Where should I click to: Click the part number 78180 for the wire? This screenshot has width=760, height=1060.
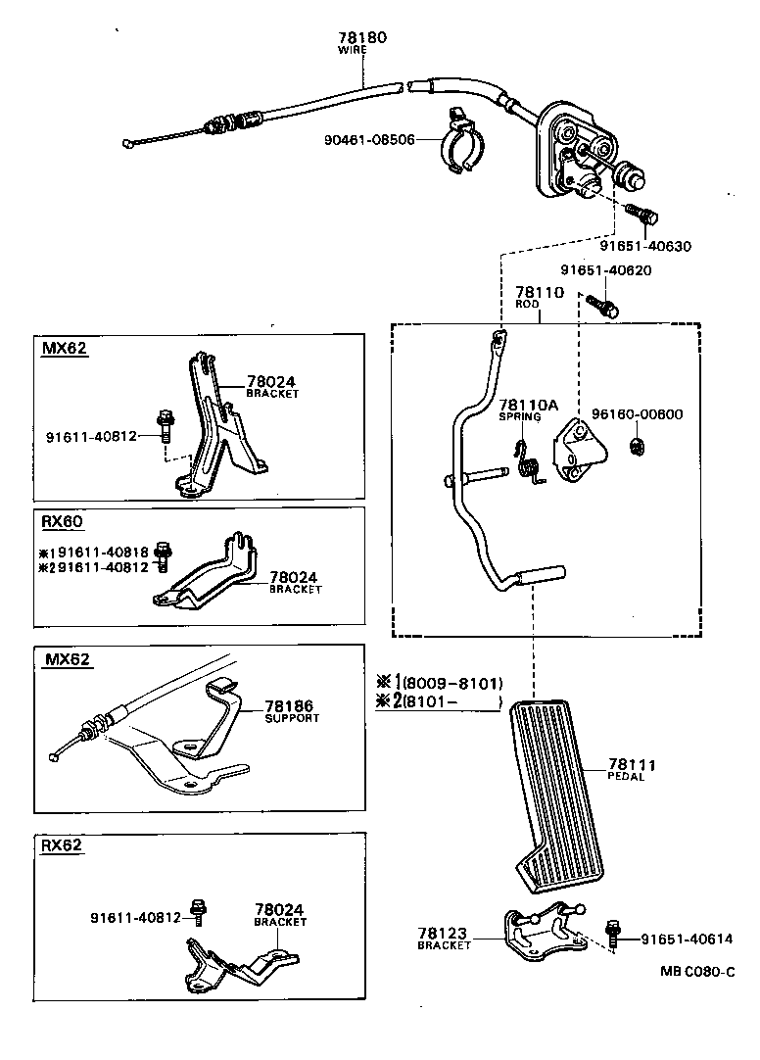362,38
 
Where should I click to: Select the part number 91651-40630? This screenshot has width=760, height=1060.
645,246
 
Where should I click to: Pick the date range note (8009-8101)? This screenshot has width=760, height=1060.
452,682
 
